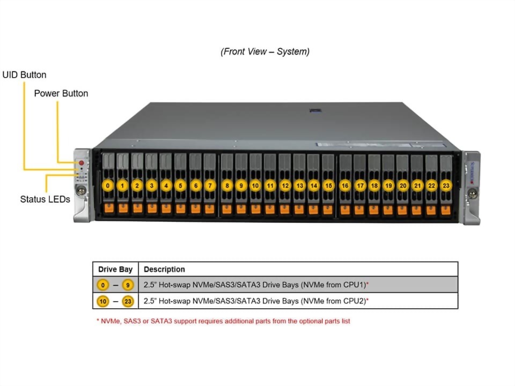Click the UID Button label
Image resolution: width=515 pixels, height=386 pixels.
click(24, 75)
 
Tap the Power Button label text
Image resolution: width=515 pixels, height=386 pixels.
click(61, 93)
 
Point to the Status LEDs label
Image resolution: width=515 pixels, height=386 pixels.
click(45, 199)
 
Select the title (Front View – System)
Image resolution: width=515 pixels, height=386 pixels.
click(264, 51)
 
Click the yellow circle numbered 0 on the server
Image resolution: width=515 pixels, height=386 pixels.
click(108, 185)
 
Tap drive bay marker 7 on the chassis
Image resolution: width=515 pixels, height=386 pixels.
click(210, 185)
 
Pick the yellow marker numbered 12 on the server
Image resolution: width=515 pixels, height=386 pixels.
click(285, 185)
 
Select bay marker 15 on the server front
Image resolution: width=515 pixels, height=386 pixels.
click(328, 185)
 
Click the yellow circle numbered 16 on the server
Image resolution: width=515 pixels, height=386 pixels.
click(345, 185)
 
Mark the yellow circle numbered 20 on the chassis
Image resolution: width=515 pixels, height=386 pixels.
click(403, 185)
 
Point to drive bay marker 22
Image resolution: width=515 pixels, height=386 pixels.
click(432, 185)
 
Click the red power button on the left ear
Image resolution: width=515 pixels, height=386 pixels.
click(82, 162)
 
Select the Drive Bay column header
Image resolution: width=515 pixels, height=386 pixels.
click(115, 269)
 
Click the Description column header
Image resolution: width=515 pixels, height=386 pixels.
click(164, 269)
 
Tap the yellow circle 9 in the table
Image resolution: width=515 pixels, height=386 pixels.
click(128, 285)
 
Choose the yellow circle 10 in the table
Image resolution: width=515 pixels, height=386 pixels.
click(102, 301)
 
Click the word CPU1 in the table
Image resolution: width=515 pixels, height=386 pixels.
click(353, 285)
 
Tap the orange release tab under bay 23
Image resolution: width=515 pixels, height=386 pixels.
click(446, 208)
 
